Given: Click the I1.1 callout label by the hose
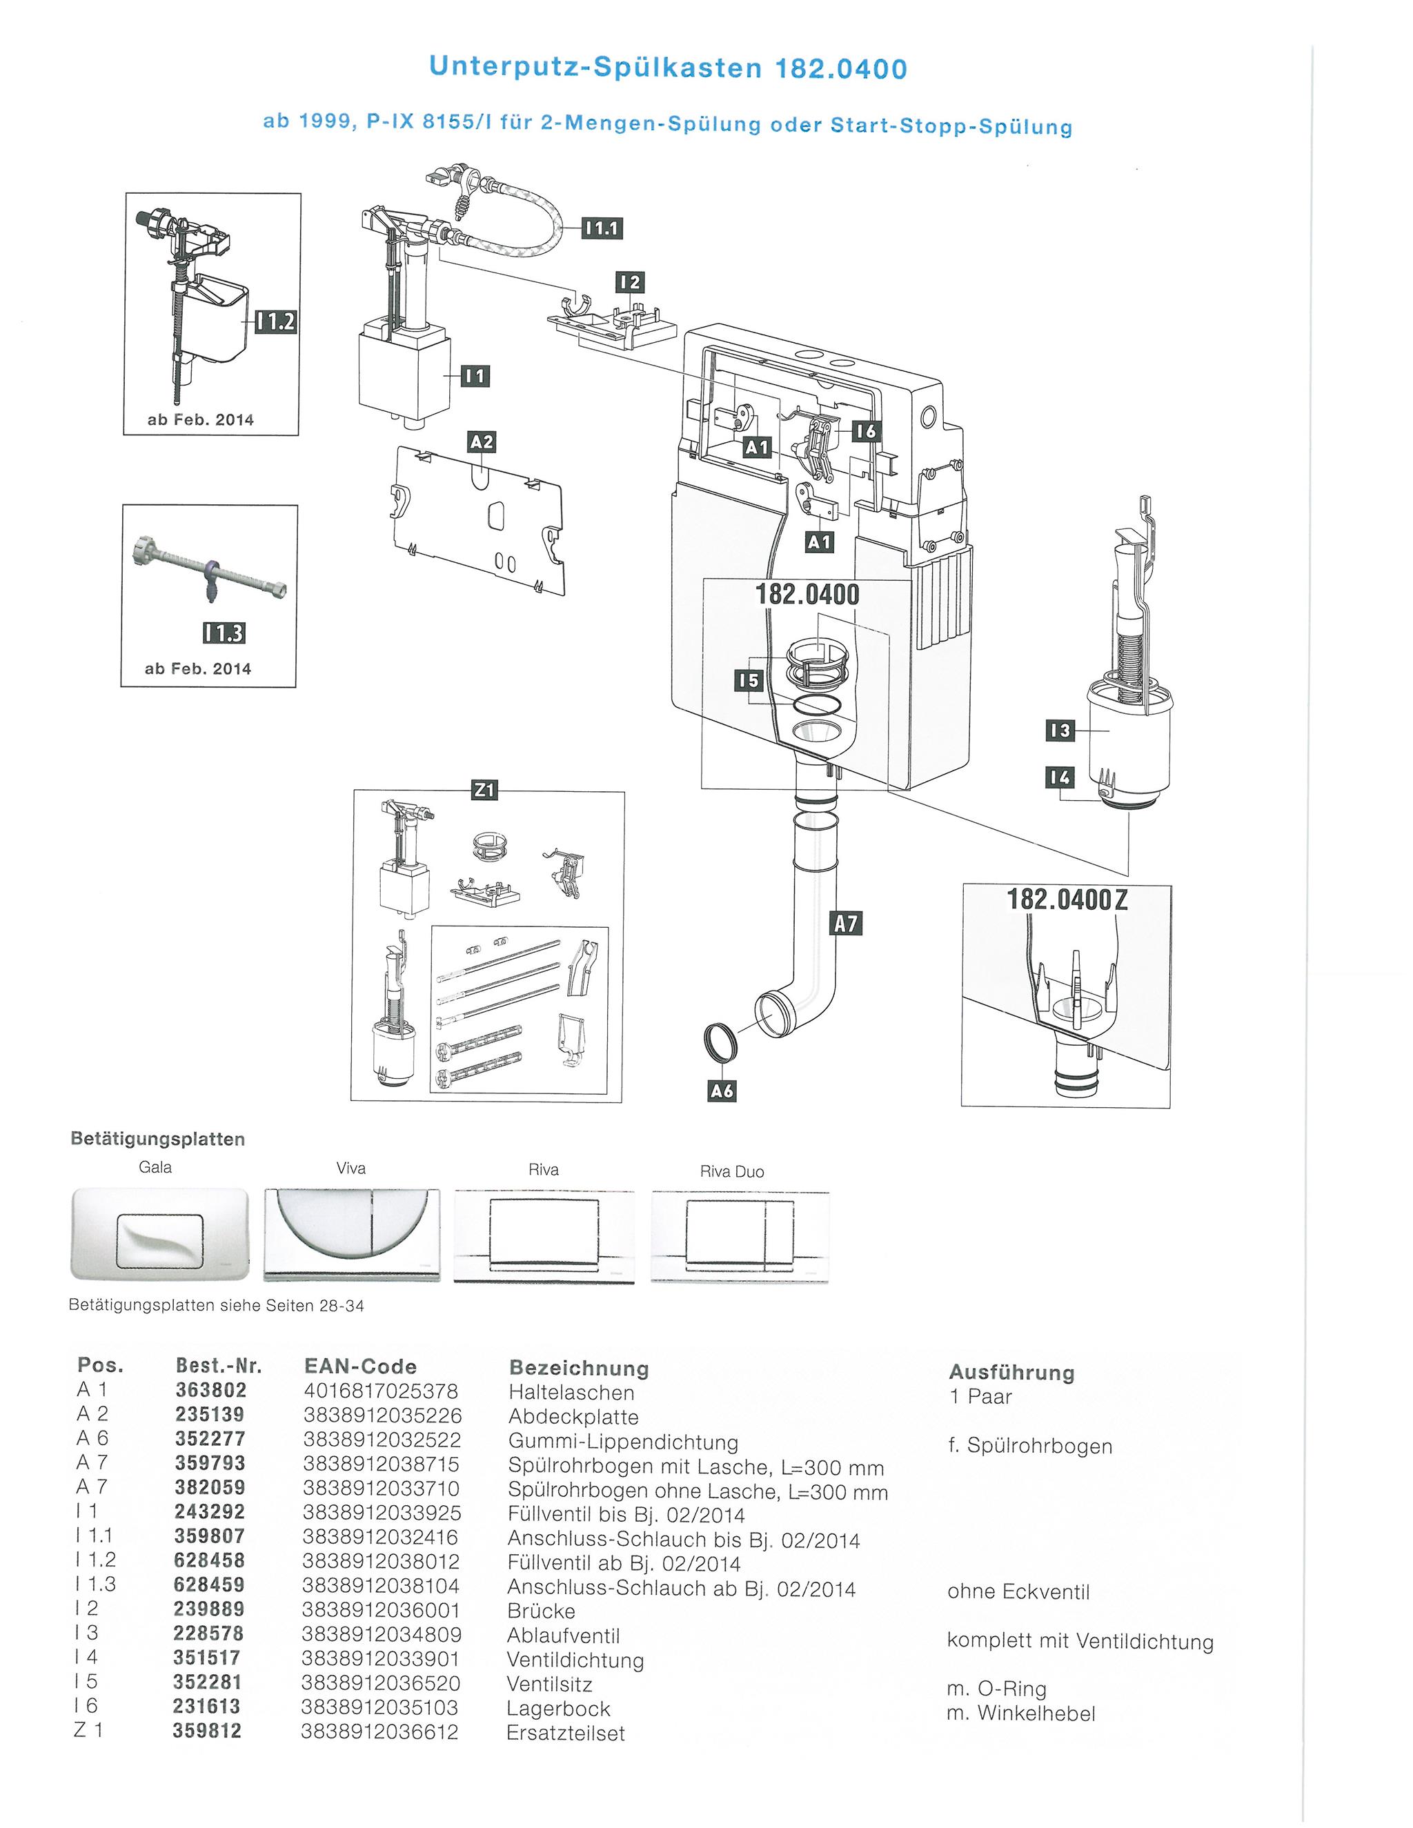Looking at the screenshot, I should tap(602, 228).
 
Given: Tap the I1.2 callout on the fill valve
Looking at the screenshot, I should tap(276, 321).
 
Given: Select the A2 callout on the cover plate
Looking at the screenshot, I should tap(482, 441).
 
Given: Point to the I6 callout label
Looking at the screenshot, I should tap(867, 431).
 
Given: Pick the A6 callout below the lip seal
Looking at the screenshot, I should tap(722, 1091).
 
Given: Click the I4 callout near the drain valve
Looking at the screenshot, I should tap(1059, 777).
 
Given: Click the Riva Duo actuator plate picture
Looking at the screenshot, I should tap(740, 1236).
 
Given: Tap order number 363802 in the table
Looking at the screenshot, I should tap(211, 1390).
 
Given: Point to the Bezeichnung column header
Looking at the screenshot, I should tap(578, 1369).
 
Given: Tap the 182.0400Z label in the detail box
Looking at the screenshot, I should tap(1067, 899).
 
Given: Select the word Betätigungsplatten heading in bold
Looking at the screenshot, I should tap(158, 1139).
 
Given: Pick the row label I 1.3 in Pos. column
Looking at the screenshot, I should tap(95, 1584).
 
